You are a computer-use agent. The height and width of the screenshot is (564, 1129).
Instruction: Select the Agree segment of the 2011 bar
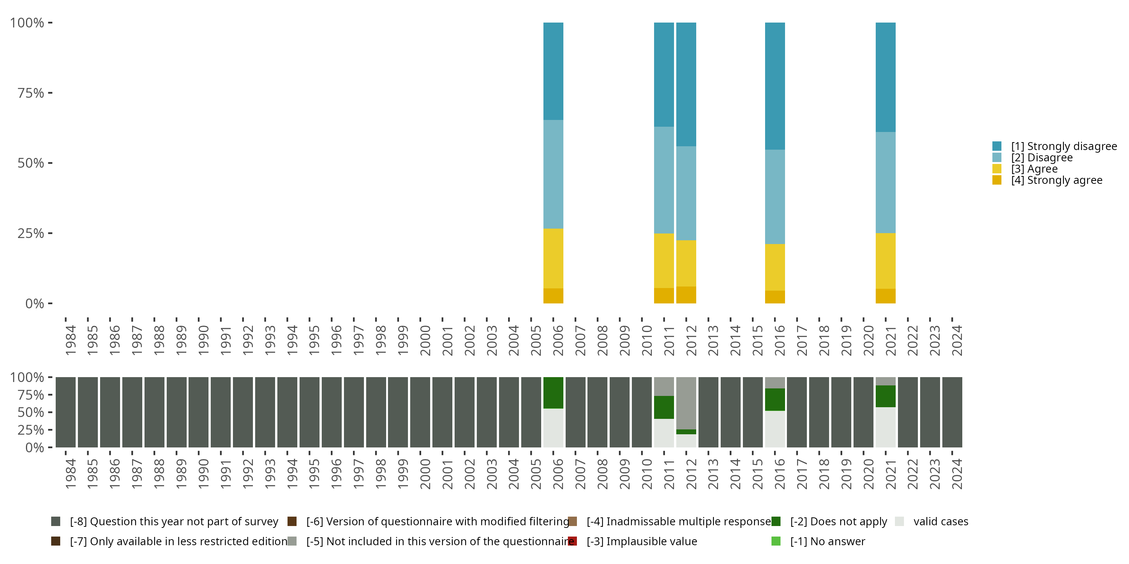pos(663,261)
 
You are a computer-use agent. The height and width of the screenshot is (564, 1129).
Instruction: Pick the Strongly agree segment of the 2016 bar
pos(774,297)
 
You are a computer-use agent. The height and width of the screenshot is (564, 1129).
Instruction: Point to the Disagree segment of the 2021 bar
pos(885,182)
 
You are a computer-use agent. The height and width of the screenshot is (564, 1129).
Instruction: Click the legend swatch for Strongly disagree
pos(997,146)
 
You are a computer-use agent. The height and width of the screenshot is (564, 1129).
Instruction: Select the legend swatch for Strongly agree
pos(997,180)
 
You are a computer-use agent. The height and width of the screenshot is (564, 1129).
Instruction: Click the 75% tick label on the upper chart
pos(31,93)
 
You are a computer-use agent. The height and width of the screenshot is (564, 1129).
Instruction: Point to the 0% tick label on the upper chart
pos(35,303)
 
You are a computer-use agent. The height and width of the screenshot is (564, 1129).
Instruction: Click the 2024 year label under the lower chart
pos(957,474)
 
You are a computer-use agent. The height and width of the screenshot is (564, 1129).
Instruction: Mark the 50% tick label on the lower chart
pos(31,412)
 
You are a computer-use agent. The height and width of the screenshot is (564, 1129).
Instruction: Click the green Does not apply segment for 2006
pos(553,392)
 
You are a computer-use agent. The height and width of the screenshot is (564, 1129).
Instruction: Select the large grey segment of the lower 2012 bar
pos(686,403)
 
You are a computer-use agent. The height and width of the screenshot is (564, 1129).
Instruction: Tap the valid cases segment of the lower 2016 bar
pos(774,429)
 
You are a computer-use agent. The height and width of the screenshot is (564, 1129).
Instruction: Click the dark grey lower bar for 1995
pos(309,412)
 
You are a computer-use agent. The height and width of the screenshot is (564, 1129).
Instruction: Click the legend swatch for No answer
pos(776,541)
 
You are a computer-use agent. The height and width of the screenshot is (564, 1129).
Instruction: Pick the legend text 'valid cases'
pos(940,522)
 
